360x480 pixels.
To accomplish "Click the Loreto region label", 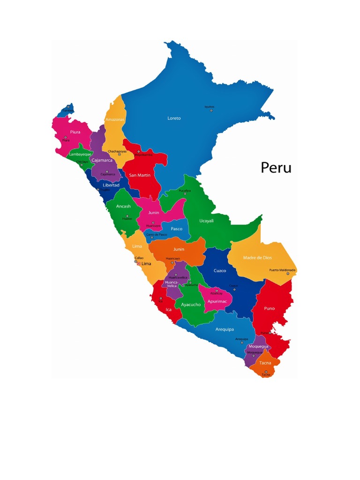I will (x=174, y=118).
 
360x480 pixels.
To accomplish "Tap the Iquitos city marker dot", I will (x=211, y=110).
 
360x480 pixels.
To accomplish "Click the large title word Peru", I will (x=276, y=167).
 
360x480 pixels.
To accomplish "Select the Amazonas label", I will (x=115, y=120).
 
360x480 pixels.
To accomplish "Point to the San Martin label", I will (x=140, y=175).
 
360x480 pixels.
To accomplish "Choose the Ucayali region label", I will (x=207, y=220).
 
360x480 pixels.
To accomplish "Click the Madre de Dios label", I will (x=257, y=258).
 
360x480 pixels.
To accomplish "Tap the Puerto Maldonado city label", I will (x=282, y=270).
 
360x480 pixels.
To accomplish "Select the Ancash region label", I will (x=123, y=206).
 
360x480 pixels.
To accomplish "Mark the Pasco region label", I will (x=176, y=229).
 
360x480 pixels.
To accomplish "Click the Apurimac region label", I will (x=217, y=301).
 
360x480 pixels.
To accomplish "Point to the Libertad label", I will (x=111, y=185).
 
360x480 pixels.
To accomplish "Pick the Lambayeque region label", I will (x=81, y=154).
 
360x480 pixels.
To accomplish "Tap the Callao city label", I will (x=139, y=258).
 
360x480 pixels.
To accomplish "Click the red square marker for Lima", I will (x=138, y=263).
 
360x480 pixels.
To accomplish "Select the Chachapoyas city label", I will (x=117, y=151).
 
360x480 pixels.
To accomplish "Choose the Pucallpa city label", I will (x=185, y=191).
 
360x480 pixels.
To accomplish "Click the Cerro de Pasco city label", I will (x=157, y=234).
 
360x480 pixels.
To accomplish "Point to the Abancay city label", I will (x=217, y=293).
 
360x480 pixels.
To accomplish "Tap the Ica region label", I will (x=169, y=309).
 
